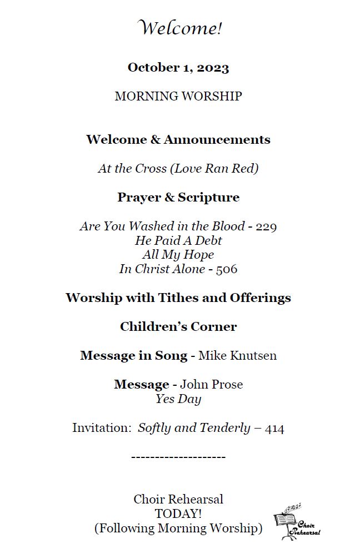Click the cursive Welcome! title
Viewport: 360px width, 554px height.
(179, 28)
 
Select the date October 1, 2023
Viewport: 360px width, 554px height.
(178, 68)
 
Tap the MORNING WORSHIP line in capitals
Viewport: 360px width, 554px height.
(178, 97)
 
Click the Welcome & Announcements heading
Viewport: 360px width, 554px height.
(178, 139)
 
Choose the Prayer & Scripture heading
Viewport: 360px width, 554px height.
(178, 198)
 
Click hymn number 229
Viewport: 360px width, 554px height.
(266, 226)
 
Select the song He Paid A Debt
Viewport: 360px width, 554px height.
(178, 241)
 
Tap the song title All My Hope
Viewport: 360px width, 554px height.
(178, 255)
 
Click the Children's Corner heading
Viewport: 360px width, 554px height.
(178, 327)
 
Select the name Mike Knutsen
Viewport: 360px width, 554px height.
(237, 356)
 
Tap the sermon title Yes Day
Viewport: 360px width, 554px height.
(178, 399)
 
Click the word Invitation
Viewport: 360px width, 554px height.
(101, 429)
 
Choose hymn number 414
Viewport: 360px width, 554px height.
(274, 429)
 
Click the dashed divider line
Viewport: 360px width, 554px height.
(178, 457)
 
